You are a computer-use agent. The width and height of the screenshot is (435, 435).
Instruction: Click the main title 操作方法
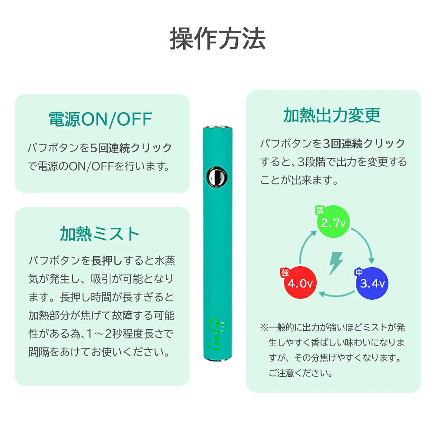[x=217, y=39]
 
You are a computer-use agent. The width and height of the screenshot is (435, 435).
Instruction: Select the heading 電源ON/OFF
[x=100, y=120]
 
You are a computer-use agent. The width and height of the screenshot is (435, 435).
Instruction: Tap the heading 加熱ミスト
[x=100, y=234]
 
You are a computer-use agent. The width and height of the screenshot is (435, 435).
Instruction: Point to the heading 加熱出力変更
[x=332, y=115]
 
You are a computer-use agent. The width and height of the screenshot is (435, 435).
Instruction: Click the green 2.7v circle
[x=333, y=222]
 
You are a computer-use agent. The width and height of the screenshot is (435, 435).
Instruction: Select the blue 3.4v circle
[x=372, y=283]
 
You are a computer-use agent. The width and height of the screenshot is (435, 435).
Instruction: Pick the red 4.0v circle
[x=300, y=283]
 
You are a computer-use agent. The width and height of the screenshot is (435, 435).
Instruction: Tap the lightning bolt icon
[x=336, y=263]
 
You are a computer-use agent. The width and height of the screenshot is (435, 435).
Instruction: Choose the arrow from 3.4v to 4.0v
[x=337, y=294]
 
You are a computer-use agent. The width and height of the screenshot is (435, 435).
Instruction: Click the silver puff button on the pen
[x=216, y=177]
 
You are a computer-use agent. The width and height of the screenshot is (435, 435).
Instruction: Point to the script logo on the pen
[x=217, y=334]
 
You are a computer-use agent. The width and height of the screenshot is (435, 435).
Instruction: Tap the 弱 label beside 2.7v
[x=320, y=211]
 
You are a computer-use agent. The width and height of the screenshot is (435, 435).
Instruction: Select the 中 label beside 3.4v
[x=359, y=272]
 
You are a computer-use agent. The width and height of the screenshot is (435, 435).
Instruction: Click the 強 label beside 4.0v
[x=284, y=272]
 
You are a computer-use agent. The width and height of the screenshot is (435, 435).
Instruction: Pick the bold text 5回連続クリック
[x=131, y=148]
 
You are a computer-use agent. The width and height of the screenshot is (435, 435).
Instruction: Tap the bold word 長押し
[x=107, y=261]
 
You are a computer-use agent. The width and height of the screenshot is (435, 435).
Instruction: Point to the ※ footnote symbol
[x=264, y=328]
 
